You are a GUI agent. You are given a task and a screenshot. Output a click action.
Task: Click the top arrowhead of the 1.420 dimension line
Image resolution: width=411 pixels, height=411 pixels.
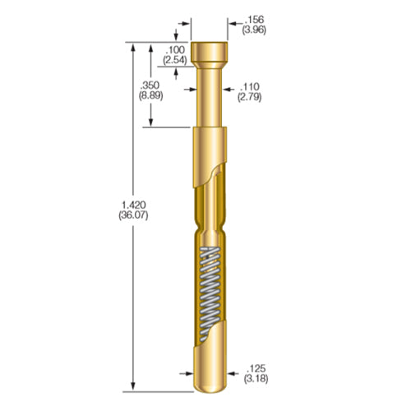[134, 48]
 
